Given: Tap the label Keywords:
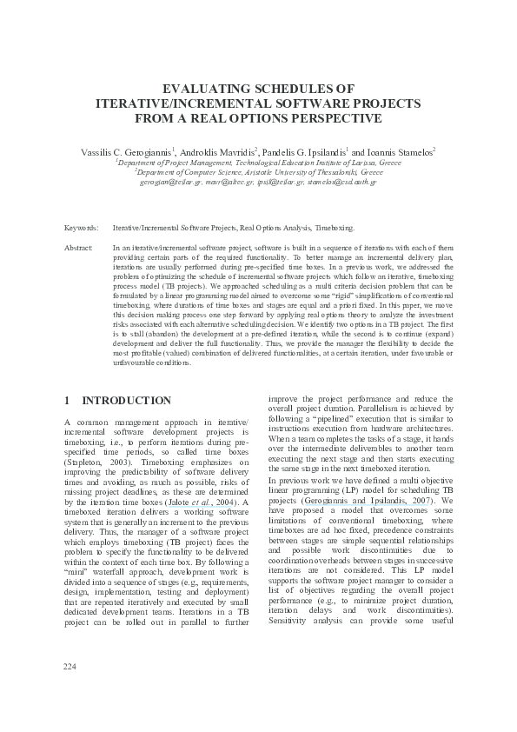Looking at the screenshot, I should (82, 228).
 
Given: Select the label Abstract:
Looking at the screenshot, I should (79, 249).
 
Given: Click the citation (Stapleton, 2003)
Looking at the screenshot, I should (93, 464).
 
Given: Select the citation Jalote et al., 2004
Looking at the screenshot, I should (196, 502).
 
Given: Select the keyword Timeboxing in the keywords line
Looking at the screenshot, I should (335, 228).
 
